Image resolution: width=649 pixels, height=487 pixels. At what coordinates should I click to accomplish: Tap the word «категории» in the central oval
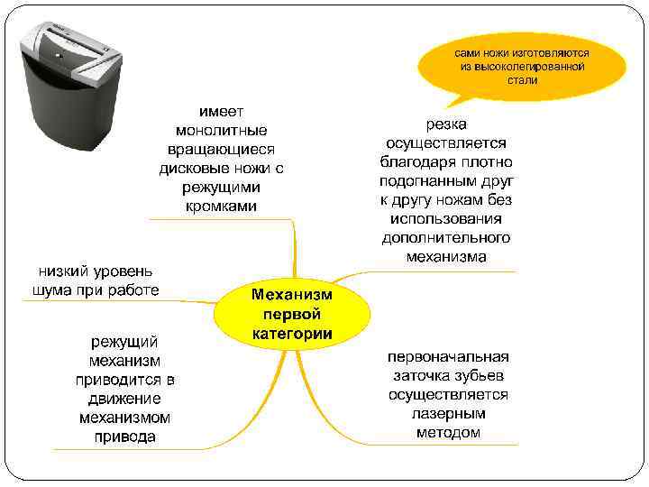291,334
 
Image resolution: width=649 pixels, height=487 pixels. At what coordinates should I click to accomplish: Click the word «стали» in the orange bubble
522,80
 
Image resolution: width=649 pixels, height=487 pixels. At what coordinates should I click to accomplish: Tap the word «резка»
446,123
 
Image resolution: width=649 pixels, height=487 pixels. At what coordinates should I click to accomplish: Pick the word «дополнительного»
446,237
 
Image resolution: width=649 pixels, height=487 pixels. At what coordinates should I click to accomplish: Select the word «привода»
124,436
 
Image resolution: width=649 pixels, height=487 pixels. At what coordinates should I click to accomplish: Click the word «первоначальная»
448,356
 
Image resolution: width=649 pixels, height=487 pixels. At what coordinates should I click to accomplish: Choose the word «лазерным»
448,414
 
